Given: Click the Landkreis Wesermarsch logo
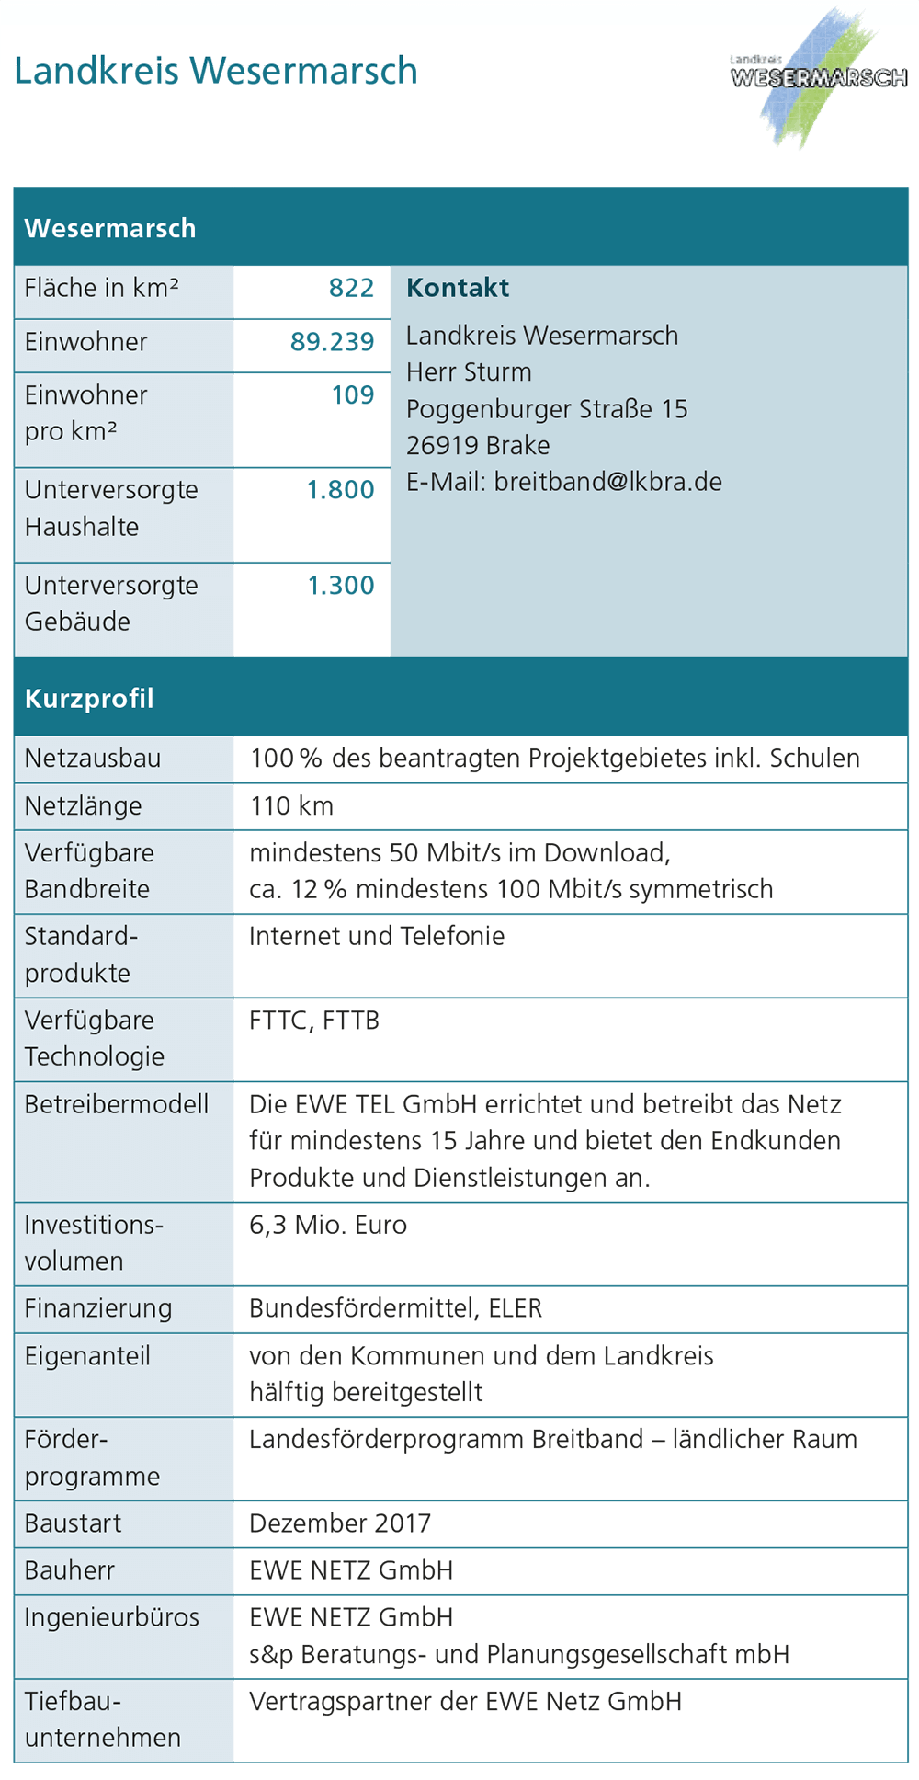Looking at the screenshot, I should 818,78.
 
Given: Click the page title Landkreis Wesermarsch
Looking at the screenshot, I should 216,71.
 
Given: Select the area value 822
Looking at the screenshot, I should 351,289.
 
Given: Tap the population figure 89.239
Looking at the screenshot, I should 332,342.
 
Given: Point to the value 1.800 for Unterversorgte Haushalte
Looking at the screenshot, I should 340,490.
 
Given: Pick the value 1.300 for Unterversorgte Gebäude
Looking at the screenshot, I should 340,586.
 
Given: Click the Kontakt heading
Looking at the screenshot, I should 458,289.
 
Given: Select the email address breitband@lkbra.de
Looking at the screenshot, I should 607,482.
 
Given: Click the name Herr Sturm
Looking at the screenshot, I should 469,372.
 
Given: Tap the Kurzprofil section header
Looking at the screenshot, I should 89,699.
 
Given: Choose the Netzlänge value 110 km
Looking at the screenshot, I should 291,806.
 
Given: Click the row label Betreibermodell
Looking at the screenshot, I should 117,1104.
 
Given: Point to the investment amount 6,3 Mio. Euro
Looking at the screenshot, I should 328,1225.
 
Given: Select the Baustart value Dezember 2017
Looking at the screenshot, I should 340,1523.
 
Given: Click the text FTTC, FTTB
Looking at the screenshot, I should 314,1021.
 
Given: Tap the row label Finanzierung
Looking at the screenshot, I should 98,1308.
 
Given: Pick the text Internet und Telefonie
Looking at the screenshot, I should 377,937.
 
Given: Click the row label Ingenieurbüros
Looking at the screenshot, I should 112,1617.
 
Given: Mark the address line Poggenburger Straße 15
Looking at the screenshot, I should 547,409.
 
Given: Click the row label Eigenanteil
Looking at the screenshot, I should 87,1356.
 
